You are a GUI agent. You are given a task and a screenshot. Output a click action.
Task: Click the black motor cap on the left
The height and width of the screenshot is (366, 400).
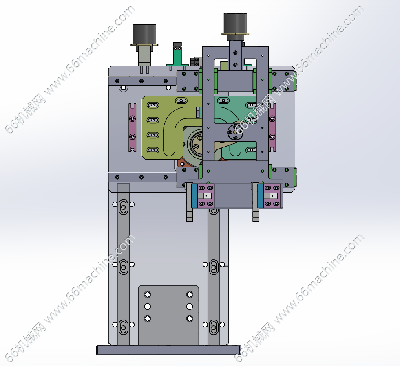144,34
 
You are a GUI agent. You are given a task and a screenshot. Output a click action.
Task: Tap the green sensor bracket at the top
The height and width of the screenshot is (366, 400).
177,57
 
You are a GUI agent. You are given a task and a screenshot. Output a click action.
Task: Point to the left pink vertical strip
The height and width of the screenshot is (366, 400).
132,127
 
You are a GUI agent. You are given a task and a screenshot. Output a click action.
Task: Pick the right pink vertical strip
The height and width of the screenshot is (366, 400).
272,127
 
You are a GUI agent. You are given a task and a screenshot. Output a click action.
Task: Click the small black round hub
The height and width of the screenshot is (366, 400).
235,132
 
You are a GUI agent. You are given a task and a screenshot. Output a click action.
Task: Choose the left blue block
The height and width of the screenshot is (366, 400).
194,195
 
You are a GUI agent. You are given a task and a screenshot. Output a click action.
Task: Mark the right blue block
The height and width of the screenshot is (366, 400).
261,195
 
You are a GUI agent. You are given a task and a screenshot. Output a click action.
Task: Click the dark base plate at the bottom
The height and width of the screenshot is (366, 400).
168,350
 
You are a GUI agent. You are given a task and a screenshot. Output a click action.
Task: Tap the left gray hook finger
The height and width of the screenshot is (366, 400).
189,204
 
